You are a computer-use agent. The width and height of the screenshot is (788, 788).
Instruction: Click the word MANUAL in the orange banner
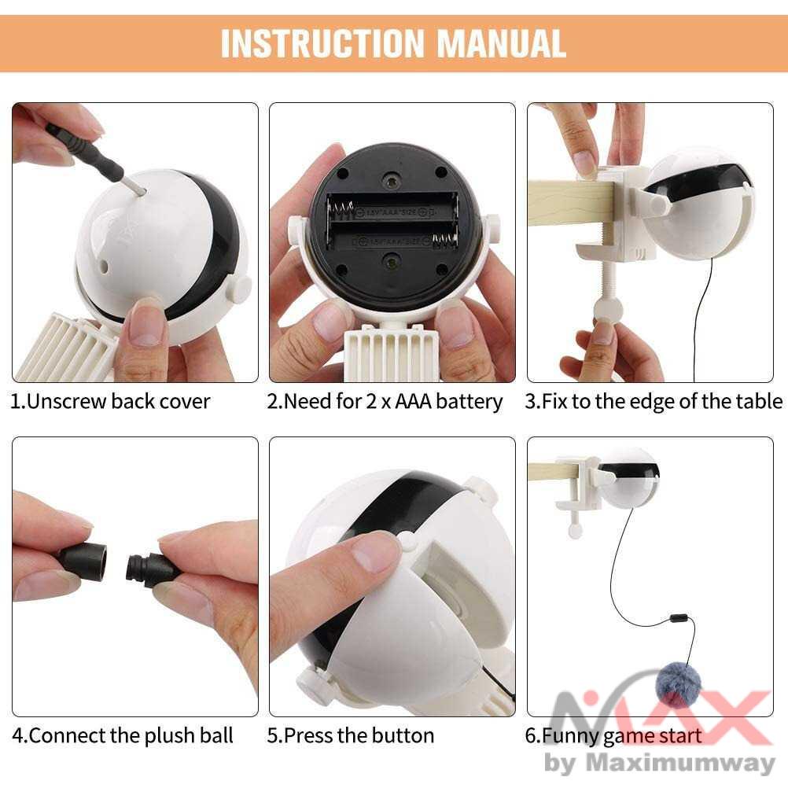(x=501, y=43)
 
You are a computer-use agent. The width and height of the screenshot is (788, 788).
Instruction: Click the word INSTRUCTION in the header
(x=322, y=43)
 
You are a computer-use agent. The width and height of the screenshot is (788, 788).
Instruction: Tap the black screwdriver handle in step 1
(x=86, y=151)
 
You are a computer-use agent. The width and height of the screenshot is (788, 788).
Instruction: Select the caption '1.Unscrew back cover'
(x=110, y=402)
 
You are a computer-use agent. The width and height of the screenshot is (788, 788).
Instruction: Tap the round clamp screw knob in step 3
(x=608, y=310)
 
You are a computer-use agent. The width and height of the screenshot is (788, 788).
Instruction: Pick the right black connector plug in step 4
(x=150, y=569)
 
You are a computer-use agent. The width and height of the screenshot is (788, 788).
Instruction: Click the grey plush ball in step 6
(x=679, y=684)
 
